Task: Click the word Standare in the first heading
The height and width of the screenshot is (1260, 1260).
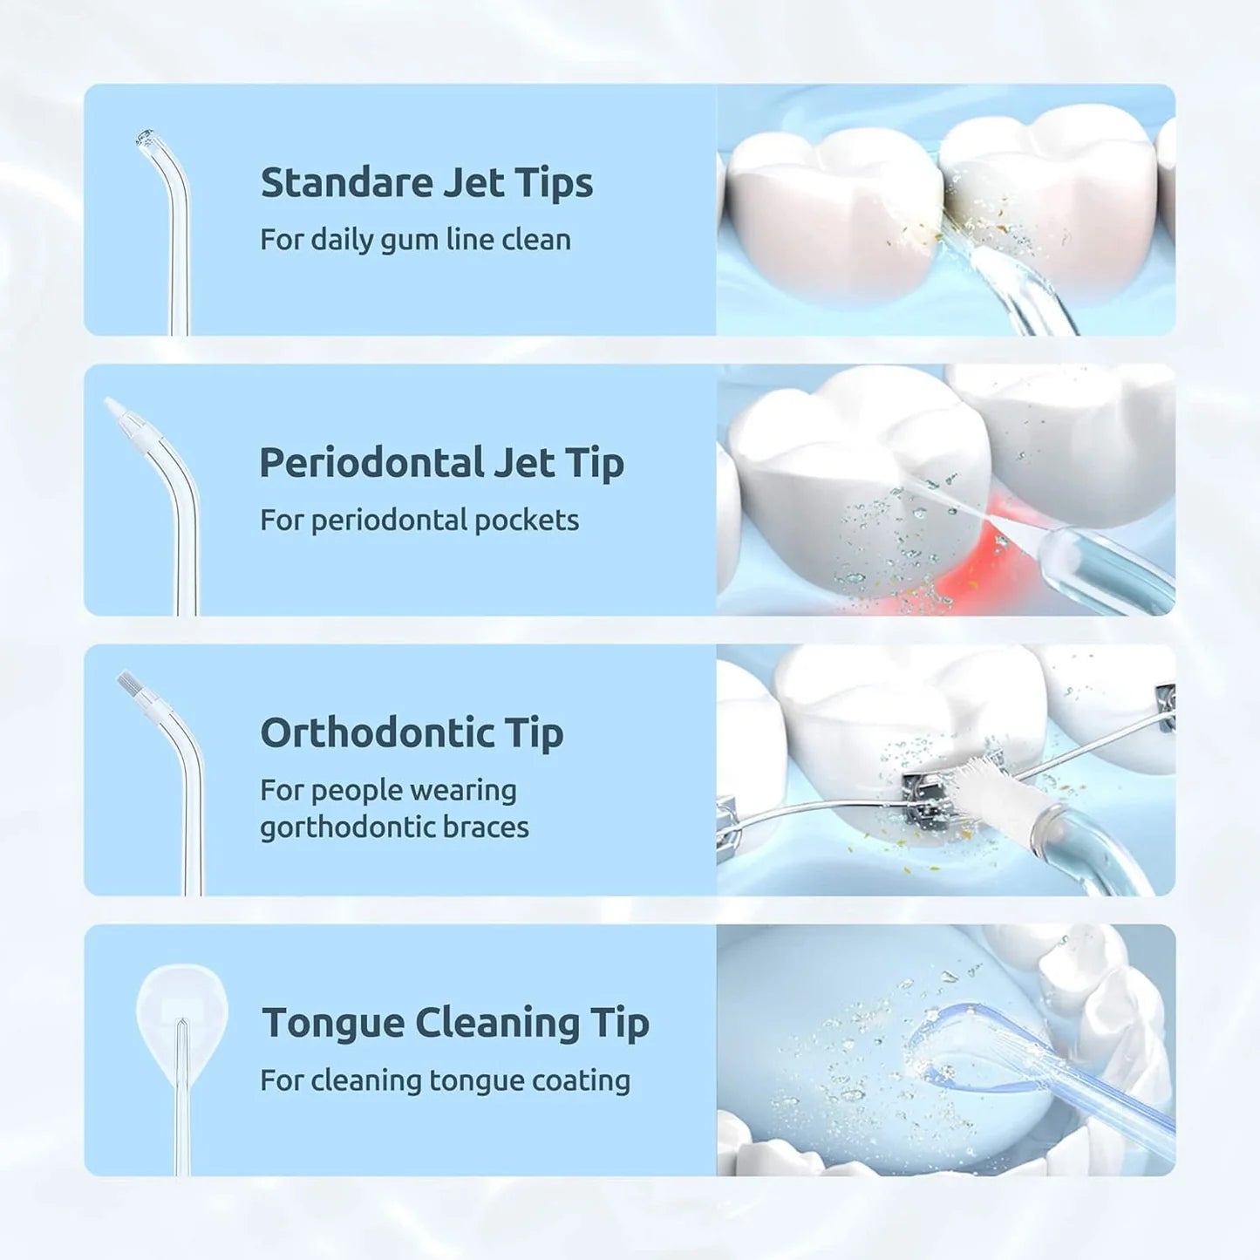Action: [345, 183]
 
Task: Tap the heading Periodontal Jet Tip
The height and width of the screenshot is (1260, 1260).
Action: [441, 463]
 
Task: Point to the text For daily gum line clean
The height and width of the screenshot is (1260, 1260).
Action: [415, 240]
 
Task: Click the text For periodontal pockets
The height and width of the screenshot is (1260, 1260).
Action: [419, 521]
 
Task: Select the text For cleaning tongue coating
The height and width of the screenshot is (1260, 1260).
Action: [445, 1081]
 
